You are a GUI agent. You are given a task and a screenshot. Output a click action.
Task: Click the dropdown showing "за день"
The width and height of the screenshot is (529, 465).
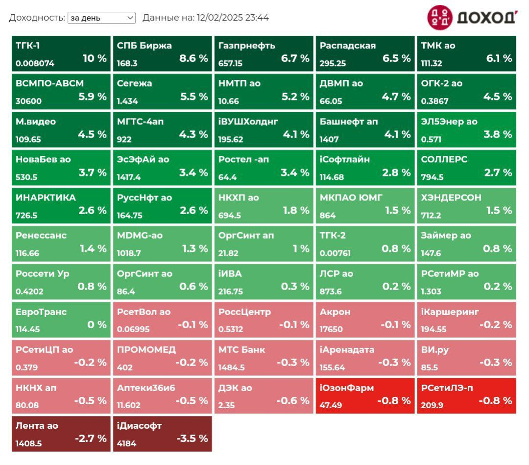[101, 18]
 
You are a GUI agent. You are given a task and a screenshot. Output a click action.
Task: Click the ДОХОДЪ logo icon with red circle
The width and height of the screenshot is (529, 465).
[440, 18]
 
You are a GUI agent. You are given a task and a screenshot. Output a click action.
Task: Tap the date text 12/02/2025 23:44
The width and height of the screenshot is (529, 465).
[233, 18]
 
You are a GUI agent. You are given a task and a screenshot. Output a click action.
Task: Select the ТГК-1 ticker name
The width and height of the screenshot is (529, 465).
[28, 46]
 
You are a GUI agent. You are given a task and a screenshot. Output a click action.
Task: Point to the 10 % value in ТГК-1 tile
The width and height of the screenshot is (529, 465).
[95, 58]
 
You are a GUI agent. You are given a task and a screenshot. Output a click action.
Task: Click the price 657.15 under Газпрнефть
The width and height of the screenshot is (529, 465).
[230, 64]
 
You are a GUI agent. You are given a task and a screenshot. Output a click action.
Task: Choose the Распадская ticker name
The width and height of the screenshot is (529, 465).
[348, 46]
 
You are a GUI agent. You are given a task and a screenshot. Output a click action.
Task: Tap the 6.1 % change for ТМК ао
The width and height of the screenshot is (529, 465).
[499, 58]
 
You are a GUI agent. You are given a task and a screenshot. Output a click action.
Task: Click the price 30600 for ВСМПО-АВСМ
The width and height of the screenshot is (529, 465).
[29, 101]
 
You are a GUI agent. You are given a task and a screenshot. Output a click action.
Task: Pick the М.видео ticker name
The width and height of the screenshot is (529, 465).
[36, 122]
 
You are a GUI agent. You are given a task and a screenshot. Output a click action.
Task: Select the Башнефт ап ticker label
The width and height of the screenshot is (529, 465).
[349, 122]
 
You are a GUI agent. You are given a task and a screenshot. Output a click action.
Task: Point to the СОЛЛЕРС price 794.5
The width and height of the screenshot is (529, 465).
[432, 177]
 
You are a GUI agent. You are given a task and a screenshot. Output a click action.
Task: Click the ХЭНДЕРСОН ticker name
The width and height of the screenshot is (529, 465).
[451, 197]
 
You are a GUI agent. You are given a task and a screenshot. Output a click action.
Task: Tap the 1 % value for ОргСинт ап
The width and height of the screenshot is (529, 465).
[301, 248]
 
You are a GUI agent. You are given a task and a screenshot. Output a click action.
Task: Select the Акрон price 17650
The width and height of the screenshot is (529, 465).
[331, 329]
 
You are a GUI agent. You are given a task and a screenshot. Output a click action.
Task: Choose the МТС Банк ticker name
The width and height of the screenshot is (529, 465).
[242, 350]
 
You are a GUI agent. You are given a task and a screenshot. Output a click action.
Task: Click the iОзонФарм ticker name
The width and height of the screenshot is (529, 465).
[347, 388]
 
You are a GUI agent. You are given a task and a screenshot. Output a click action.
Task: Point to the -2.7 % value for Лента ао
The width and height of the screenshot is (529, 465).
[91, 439]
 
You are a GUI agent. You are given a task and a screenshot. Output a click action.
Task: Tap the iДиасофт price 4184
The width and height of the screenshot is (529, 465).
[126, 443]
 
